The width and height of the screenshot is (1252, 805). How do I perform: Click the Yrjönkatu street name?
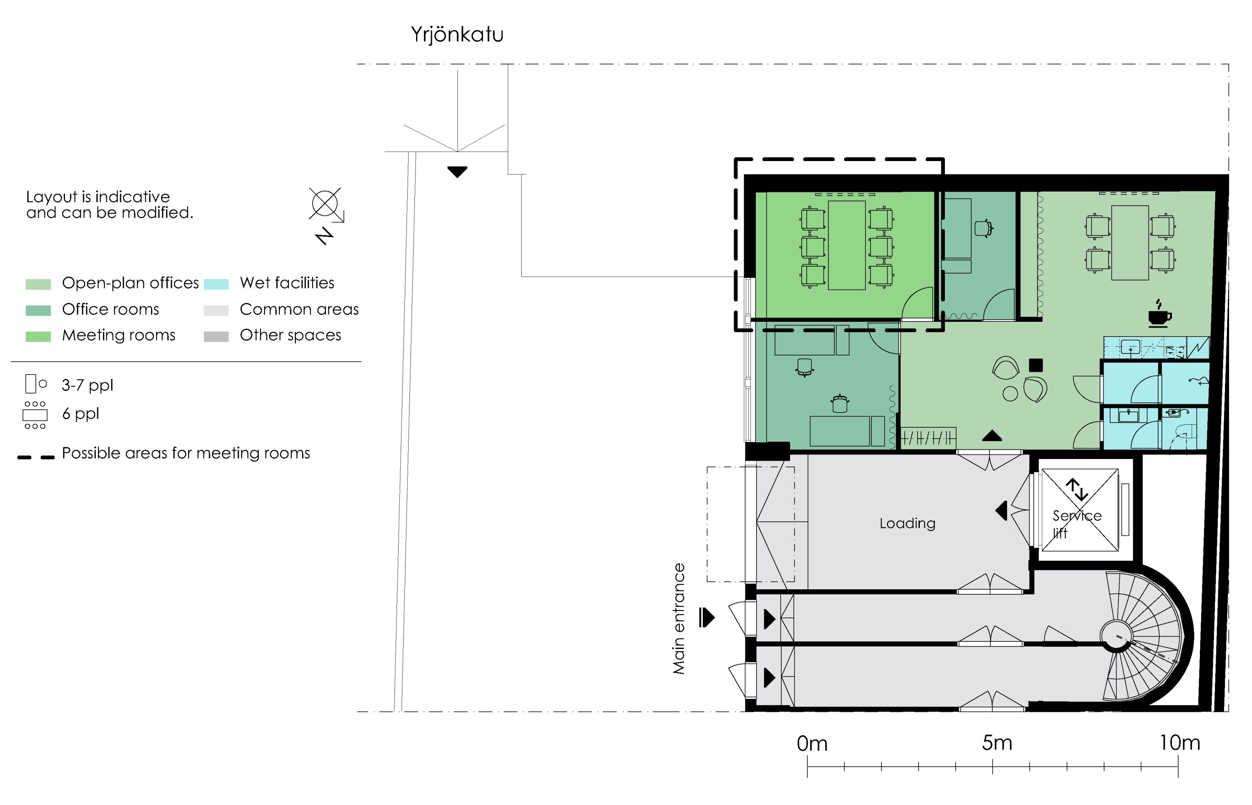pyautogui.click(x=457, y=35)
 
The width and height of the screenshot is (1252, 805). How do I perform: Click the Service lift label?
pyautogui.click(x=1076, y=524)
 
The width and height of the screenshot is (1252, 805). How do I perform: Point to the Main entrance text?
pyautogui.click(x=679, y=618)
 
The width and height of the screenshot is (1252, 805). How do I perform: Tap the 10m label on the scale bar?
pyautogui.click(x=1179, y=743)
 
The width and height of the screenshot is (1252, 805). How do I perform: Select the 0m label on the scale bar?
pyautogui.click(x=812, y=744)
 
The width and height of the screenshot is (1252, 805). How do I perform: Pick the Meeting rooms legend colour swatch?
pyautogui.click(x=38, y=337)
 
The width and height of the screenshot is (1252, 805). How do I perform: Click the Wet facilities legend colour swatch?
pyautogui.click(x=216, y=284)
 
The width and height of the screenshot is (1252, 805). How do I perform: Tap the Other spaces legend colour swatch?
pyautogui.click(x=216, y=337)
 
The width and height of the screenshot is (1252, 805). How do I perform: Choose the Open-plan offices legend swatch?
pyautogui.click(x=38, y=284)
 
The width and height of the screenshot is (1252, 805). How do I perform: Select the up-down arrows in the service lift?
pyautogui.click(x=1077, y=489)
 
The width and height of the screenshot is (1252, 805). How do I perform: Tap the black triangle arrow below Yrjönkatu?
pyautogui.click(x=457, y=172)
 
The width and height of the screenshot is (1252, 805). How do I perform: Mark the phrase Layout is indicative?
pyautogui.click(x=98, y=197)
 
